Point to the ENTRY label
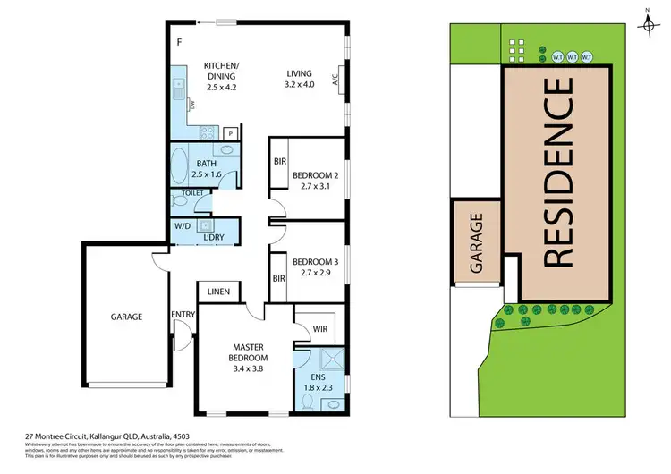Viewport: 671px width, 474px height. [x=183, y=314]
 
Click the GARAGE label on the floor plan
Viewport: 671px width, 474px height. [x=127, y=316]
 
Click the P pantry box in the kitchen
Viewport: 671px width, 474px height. [x=230, y=133]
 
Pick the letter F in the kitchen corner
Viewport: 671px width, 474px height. [x=178, y=42]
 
